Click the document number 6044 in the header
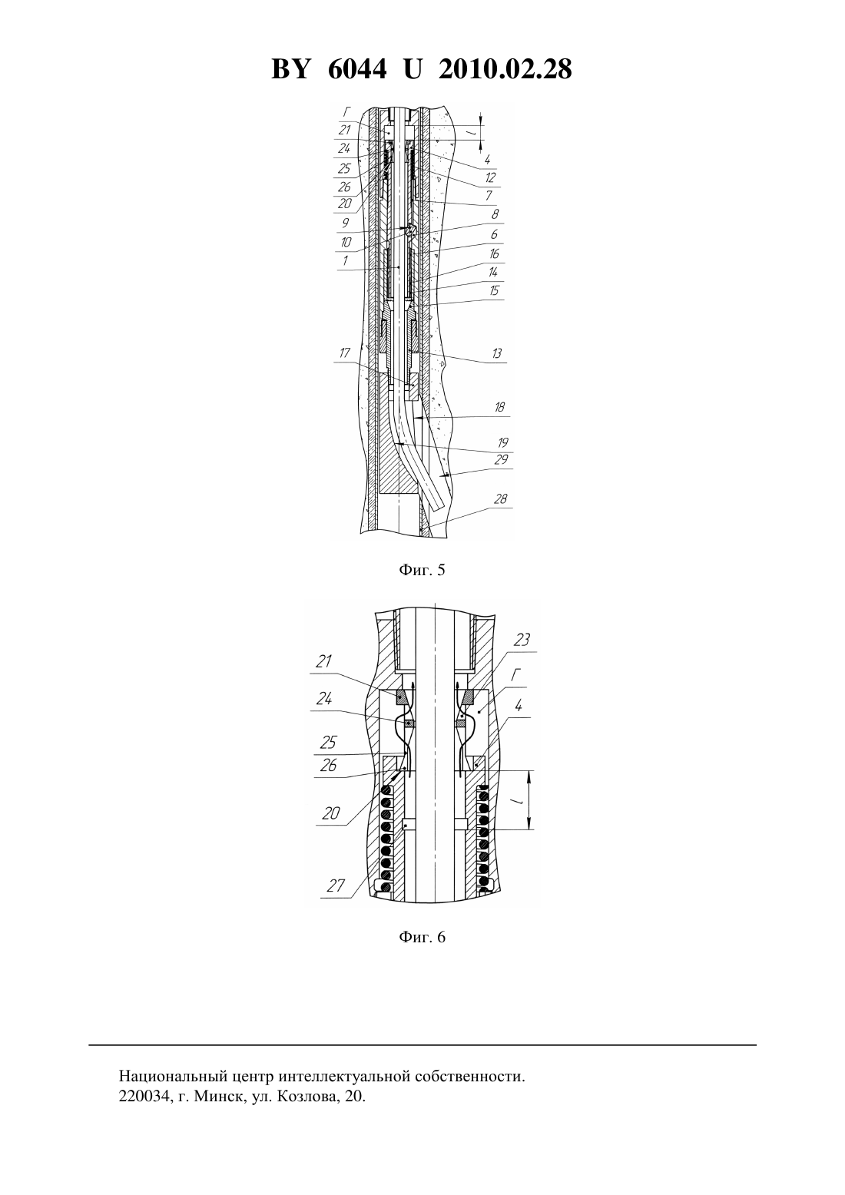click(356, 69)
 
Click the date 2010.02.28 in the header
click(505, 69)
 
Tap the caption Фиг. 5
click(422, 571)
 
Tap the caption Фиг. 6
click(422, 937)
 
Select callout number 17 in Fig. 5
click(345, 353)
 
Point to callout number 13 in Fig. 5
click(497, 353)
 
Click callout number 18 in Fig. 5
click(499, 407)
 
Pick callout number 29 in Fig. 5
click(501, 459)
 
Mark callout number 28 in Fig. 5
click(500, 498)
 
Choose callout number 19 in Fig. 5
click(502, 442)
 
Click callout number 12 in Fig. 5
click(490, 177)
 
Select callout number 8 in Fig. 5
click(495, 214)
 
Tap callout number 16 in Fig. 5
click(493, 254)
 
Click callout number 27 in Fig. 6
click(336, 886)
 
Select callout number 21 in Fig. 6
click(324, 661)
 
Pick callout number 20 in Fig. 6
click(331, 813)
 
